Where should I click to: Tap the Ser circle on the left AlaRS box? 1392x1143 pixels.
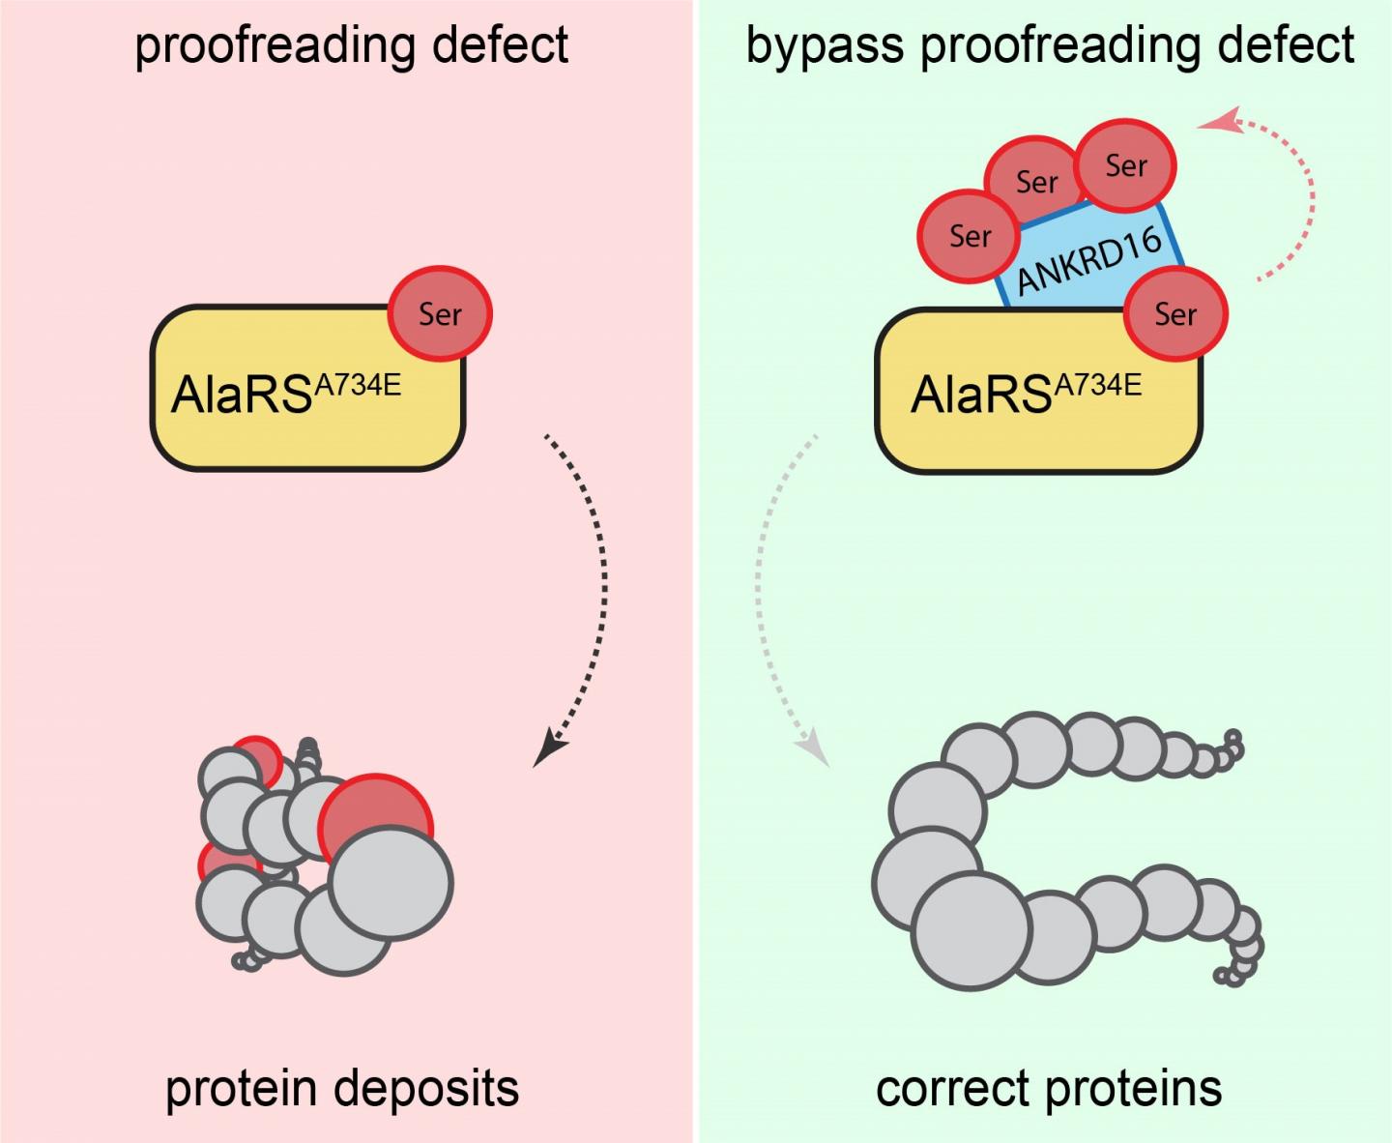tap(440, 313)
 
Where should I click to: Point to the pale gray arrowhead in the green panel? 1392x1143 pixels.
tap(813, 747)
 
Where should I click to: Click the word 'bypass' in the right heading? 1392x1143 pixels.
tap(825, 47)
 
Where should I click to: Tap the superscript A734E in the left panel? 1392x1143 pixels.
tap(358, 385)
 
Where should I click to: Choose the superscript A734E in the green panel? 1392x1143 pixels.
tap(1098, 385)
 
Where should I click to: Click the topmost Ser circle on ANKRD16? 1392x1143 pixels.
tap(1126, 165)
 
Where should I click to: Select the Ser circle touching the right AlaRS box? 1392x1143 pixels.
tap(1175, 313)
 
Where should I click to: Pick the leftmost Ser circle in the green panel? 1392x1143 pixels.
tap(970, 236)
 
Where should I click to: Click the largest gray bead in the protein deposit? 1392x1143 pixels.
tap(391, 884)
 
